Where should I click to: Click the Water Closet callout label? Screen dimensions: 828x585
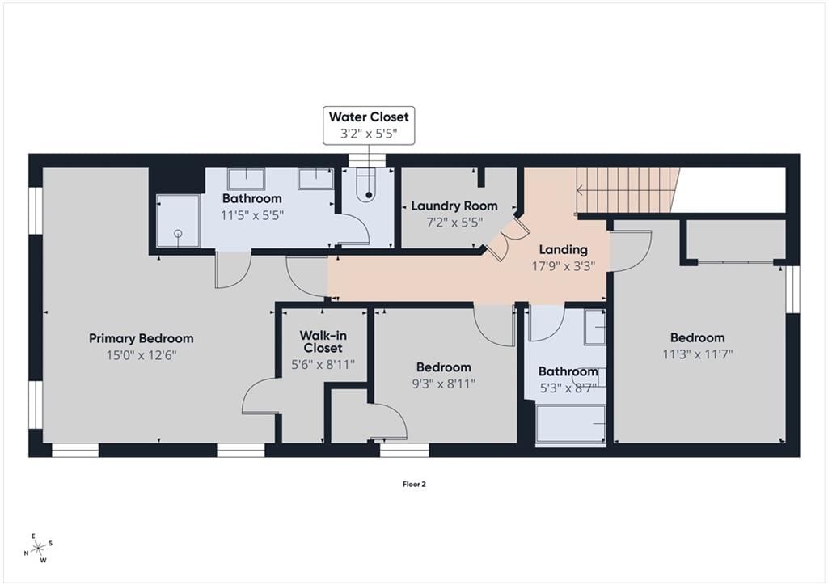369,117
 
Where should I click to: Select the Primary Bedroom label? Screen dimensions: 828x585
141,339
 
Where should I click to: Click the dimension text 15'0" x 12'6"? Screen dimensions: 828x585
141,355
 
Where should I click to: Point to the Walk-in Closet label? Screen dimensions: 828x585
323,341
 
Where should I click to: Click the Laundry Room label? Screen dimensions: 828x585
454,206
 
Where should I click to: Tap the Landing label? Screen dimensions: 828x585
563,249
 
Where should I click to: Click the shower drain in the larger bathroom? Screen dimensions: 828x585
178,233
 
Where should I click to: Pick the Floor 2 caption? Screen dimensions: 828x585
414,484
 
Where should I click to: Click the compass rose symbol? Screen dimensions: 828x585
39,549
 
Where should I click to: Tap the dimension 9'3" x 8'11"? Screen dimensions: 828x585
444,384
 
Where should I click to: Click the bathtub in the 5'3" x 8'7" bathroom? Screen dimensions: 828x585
570,424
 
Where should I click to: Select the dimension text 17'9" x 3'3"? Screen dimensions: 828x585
563,266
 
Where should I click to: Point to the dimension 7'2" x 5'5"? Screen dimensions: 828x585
454,222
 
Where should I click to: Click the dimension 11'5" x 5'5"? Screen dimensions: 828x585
252,215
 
